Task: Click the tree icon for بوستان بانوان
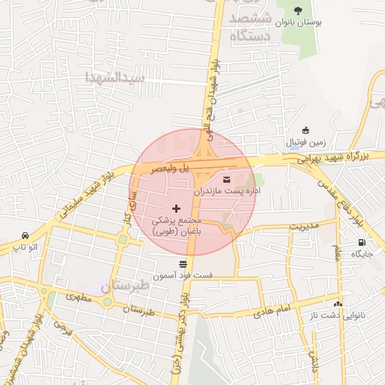point(299,11)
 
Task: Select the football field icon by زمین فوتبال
point(305,130)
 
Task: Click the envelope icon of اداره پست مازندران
point(227,179)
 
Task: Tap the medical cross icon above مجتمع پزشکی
point(177,208)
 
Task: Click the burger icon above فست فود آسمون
point(183,263)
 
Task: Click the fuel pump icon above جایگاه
point(363,242)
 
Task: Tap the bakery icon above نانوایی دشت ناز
point(338,304)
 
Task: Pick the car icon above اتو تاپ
point(26,234)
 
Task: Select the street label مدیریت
point(305,226)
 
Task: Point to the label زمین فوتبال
point(305,142)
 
